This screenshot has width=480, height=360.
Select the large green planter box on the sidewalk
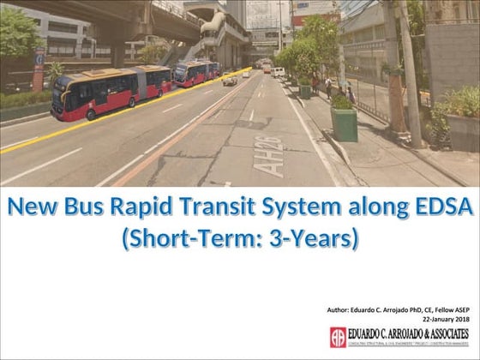(344, 123)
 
